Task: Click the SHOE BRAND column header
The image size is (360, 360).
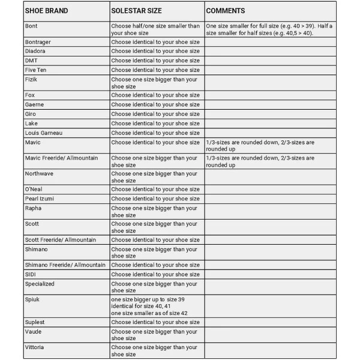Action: [x=47, y=11]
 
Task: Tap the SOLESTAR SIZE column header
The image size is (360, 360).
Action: [x=139, y=11]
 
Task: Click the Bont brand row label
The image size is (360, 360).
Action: [x=31, y=26]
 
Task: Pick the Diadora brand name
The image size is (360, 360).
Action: [x=35, y=51]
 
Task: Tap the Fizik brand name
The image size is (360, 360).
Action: [x=32, y=79]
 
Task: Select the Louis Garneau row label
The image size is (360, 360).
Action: [x=44, y=133]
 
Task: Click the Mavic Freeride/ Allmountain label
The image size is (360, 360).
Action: [x=65, y=158]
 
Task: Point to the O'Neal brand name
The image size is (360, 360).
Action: [x=34, y=189]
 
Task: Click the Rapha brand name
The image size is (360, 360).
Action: [x=34, y=208]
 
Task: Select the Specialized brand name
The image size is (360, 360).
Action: [x=40, y=284]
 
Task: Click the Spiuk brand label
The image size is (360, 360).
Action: [x=32, y=298]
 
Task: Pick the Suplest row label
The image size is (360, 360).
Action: [x=35, y=322]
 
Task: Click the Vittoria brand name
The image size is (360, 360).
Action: [x=35, y=347]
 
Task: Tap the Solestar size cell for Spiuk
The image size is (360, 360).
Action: [x=149, y=305]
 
